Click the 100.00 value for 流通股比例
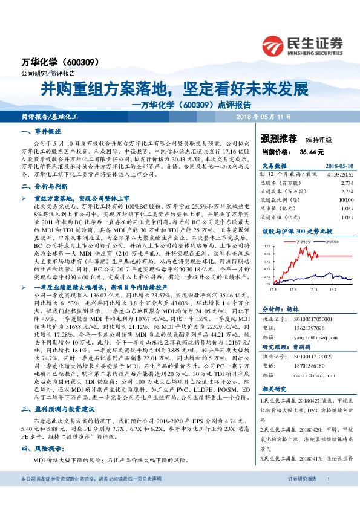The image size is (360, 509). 345,199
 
